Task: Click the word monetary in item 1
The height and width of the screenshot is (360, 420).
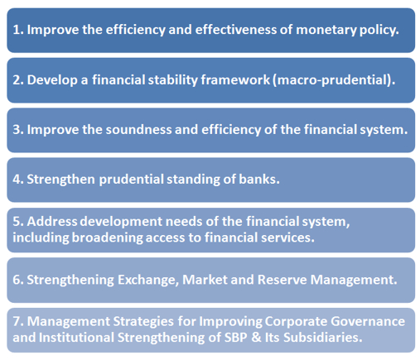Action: point(326,31)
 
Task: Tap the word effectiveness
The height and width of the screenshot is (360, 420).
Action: point(235,30)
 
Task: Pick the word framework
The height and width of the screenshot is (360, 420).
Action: point(235,80)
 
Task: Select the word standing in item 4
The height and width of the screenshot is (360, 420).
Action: point(193,180)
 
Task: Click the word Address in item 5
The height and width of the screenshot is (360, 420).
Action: point(52,222)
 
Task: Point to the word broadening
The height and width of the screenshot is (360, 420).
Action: point(107,238)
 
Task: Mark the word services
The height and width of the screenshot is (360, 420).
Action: point(287,238)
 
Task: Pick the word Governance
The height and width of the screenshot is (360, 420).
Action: point(368,321)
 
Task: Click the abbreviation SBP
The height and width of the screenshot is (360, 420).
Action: point(235,338)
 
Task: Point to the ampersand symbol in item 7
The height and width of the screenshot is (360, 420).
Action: point(256,338)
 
